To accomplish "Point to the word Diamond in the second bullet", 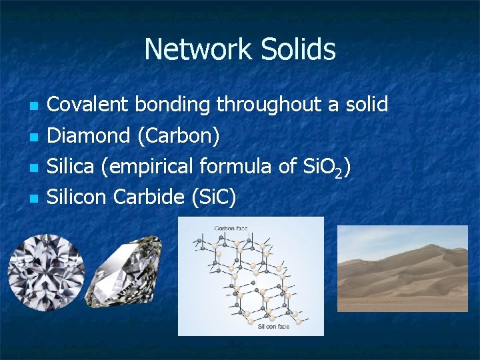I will (x=89, y=136).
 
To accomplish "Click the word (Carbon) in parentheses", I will (x=178, y=137).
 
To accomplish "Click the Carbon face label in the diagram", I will (x=231, y=229).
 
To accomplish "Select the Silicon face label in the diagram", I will (x=273, y=327).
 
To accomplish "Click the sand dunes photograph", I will (x=402, y=268).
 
